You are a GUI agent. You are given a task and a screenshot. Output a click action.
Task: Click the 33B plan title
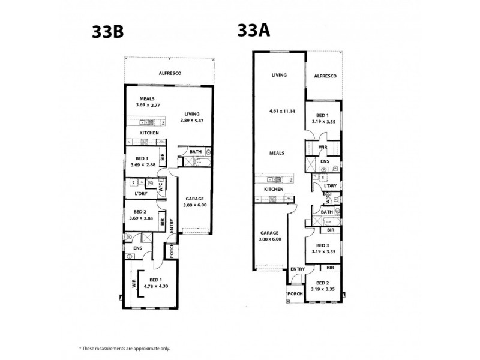(x=107, y=32)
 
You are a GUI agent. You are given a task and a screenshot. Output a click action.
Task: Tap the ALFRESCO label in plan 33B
(x=170, y=73)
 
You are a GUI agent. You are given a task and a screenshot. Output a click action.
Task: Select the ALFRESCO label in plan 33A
(x=325, y=76)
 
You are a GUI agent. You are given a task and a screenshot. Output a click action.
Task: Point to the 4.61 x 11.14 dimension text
(x=283, y=111)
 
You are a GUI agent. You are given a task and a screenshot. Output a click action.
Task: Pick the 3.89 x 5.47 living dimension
(x=192, y=121)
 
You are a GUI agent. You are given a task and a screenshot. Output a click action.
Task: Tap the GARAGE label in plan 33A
(x=270, y=232)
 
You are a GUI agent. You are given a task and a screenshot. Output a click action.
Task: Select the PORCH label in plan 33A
(x=295, y=293)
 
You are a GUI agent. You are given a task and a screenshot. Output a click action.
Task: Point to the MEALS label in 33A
(x=277, y=152)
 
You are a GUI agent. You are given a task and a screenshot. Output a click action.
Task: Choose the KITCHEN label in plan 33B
(x=149, y=133)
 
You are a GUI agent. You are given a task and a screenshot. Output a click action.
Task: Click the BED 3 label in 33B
(x=141, y=158)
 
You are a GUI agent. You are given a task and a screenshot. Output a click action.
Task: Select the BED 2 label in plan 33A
(x=323, y=282)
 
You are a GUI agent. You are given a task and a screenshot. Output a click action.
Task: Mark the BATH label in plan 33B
(x=196, y=152)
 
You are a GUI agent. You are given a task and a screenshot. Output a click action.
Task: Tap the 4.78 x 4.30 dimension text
(x=156, y=286)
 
